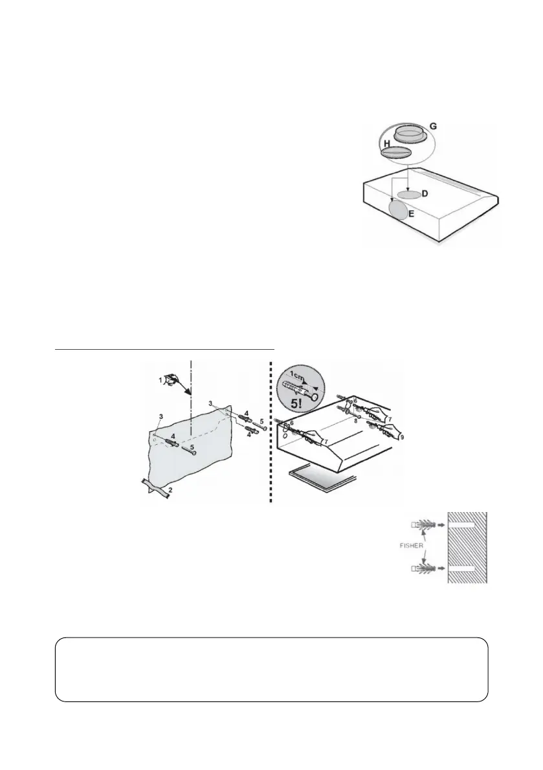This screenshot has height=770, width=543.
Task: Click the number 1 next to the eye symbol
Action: (x=161, y=381)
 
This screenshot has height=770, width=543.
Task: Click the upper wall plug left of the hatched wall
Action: (x=423, y=522)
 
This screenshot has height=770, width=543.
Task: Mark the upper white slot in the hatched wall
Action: (x=465, y=522)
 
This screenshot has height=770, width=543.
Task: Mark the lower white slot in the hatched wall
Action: (x=465, y=568)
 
